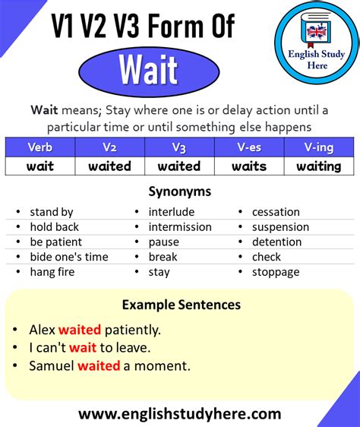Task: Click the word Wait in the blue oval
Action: [x=148, y=70]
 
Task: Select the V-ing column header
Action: [x=318, y=147]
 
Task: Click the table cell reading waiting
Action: [x=318, y=166]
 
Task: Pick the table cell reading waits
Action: [x=248, y=166]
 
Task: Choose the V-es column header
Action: [x=248, y=147]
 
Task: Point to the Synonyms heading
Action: [x=179, y=191]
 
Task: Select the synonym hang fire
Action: [x=52, y=272]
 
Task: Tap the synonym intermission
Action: [x=180, y=227]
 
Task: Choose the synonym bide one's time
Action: [x=69, y=257]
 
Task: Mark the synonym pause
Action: [x=163, y=242]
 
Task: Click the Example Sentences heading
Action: [x=181, y=305]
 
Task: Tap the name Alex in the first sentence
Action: [x=42, y=330]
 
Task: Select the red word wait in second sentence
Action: [x=82, y=348]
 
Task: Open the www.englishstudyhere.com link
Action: [x=179, y=414]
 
